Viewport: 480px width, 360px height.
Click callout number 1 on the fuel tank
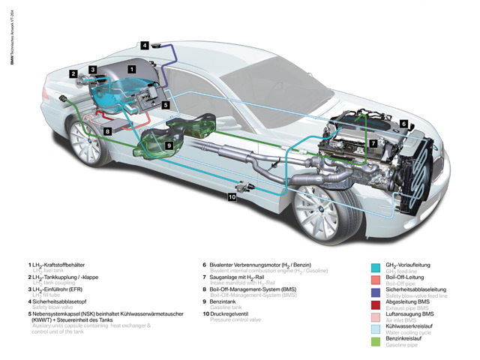pyautogui.click(x=132, y=69)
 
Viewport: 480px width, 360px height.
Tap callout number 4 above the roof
pyautogui.click(x=144, y=45)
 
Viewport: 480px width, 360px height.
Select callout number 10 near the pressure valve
pyautogui.click(x=232, y=197)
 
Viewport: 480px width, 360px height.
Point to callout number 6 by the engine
pyautogui.click(x=403, y=124)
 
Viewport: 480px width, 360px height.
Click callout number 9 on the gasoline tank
pyautogui.click(x=169, y=145)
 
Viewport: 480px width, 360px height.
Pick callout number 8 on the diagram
pyautogui.click(x=108, y=131)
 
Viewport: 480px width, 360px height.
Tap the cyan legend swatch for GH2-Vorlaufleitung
pyautogui.click(x=377, y=266)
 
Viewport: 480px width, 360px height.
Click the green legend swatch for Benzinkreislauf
pyautogui.click(x=377, y=342)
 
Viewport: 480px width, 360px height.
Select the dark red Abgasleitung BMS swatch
pyautogui.click(x=377, y=304)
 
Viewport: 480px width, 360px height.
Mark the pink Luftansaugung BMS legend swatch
pyautogui.click(x=377, y=316)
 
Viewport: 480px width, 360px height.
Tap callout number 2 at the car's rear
pyautogui.click(x=73, y=73)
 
